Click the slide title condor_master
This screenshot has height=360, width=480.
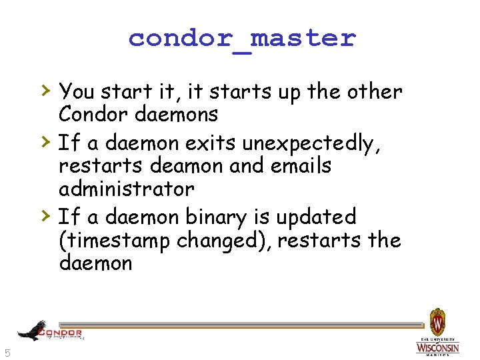[242, 38]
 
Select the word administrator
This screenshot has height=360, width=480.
[126, 189]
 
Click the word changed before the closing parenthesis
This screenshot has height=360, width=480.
[221, 240]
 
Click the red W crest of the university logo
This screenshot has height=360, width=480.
[437, 323]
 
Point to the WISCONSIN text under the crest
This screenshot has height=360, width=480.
[437, 348]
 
